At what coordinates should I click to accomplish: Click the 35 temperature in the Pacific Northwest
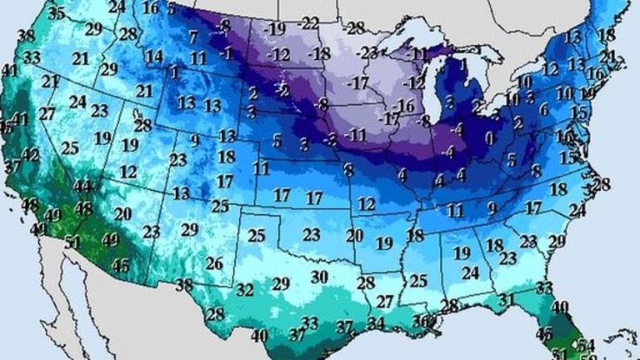(57, 13)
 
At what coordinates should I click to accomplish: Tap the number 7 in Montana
(193, 37)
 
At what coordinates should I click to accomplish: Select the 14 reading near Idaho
(153, 57)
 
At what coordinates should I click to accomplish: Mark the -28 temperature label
(355, 27)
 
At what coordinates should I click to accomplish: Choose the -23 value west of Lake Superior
(364, 52)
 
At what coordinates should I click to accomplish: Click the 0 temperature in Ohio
(490, 137)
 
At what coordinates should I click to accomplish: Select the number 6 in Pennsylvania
(543, 109)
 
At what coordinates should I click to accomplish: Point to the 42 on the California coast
(31, 155)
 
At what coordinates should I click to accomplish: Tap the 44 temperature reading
(82, 186)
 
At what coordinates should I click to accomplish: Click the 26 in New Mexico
(214, 264)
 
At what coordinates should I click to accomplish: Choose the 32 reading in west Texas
(245, 290)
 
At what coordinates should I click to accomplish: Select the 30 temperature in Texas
(319, 277)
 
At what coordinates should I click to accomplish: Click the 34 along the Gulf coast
(376, 322)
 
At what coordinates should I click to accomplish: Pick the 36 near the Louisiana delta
(423, 321)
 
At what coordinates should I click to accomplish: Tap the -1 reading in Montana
(225, 52)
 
